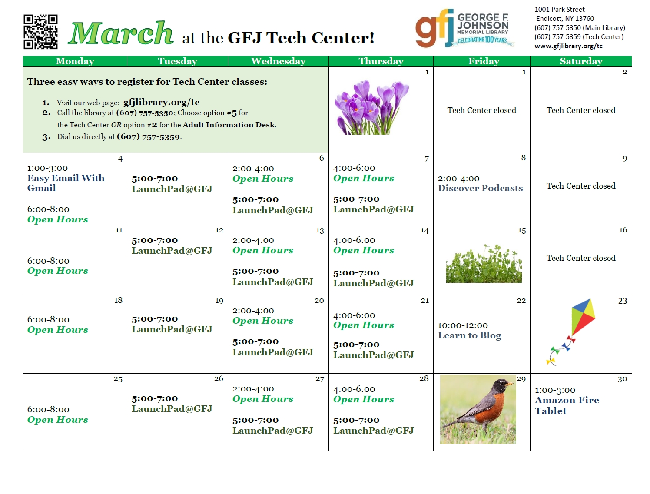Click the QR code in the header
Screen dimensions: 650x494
tap(40, 32)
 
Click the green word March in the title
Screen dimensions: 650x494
tap(120, 33)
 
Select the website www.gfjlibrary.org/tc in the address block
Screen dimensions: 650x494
tap(568, 46)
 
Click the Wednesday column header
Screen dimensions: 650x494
tap(278, 61)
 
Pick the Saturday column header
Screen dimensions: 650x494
tap(580, 61)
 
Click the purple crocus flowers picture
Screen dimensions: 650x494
tap(371, 107)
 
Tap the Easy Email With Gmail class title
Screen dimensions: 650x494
tap(66, 183)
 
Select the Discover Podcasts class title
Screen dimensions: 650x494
tap(480, 188)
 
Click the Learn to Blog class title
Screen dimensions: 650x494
tap(469, 335)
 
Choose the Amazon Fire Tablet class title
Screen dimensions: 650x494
tap(567, 405)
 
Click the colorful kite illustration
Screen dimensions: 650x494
tap(570, 332)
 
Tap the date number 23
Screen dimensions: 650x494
tap(623, 301)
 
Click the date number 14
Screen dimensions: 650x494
tap(424, 231)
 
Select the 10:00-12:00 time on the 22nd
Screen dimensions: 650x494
tap(463, 325)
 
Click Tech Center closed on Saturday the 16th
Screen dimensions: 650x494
tap(580, 258)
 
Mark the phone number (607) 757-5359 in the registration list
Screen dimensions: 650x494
tap(148, 137)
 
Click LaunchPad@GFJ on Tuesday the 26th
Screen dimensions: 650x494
tap(172, 409)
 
